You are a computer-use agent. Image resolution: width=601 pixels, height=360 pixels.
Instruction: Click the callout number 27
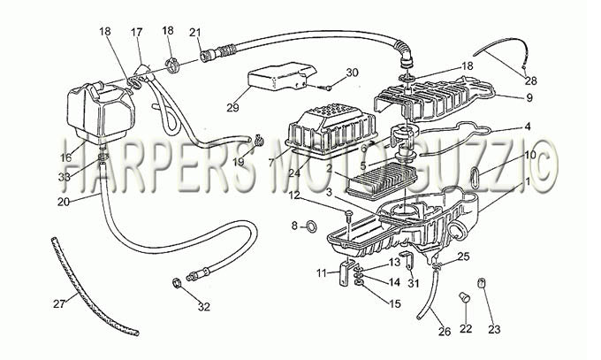(59, 304)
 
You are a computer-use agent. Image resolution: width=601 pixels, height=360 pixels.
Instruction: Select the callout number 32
(204, 307)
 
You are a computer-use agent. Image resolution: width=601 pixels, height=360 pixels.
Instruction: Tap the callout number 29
(232, 108)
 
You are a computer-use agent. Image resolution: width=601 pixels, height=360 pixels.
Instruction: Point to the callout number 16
(66, 157)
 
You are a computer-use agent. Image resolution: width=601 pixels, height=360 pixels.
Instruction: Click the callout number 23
(494, 329)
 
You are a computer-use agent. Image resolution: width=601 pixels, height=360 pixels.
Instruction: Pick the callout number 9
(529, 98)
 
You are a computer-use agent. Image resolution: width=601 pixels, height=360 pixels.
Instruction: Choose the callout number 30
(352, 73)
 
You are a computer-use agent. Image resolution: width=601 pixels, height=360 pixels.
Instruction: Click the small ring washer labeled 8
(312, 226)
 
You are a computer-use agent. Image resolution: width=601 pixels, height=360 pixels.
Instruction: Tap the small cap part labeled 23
(481, 284)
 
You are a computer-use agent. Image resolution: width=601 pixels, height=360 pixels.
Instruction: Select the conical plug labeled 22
(465, 296)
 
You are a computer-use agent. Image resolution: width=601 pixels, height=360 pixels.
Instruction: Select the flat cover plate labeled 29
(282, 76)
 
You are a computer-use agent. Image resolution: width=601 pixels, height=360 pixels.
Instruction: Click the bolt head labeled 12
(348, 212)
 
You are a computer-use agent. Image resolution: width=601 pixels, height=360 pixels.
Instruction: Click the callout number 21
(195, 33)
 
